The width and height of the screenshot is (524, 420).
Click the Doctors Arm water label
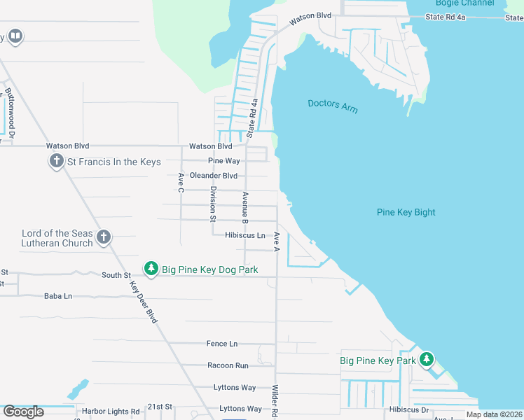coord(332,104)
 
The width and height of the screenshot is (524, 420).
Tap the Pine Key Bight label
coord(406,212)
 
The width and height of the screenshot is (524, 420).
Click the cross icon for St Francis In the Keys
coord(56,162)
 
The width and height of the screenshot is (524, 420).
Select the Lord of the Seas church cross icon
coord(104,237)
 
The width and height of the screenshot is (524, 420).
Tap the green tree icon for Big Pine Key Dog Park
coord(151,269)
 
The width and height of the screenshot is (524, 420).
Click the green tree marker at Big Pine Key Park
coord(426,360)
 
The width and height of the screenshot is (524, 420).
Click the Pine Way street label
coord(223,161)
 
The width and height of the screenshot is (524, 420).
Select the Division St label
coord(213,204)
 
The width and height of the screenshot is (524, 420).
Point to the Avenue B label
coord(245,208)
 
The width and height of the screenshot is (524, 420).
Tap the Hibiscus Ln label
coord(244,236)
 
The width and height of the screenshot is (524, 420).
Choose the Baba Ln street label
coord(58,296)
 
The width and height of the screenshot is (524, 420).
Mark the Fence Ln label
coord(222,344)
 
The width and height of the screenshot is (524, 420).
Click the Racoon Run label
coord(228,365)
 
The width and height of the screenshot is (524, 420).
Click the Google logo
coord(23,412)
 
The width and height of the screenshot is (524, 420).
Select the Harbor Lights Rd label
coord(111,411)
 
